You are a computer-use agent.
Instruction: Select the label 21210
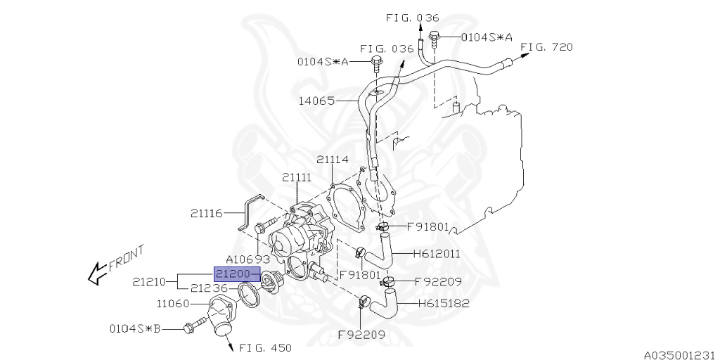pos(149,282)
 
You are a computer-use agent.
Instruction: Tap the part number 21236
pos(210,288)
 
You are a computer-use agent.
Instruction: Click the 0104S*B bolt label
pos(135,328)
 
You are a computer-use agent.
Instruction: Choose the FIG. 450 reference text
pos(265,347)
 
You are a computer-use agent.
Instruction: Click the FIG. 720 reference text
pos(547,47)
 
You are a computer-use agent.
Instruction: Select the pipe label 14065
pos(316,101)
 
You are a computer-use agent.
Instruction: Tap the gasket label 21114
pos(332,160)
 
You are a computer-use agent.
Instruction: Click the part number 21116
pos(207,212)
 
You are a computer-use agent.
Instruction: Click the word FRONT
pos(127,258)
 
